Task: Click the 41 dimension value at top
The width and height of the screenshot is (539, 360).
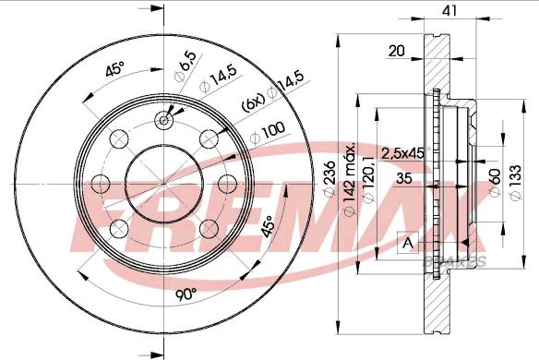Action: coord(449,11)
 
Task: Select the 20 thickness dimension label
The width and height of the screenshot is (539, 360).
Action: coord(396,51)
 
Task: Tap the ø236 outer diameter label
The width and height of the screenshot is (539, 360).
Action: coord(329,178)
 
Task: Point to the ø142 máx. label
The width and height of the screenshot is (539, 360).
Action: coord(349,180)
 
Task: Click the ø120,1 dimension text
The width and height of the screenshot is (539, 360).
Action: coord(369,178)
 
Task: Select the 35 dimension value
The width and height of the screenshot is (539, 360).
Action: coord(404,178)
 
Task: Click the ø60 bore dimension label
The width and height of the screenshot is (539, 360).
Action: coord(495,183)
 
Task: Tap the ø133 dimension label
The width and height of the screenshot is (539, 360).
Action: coord(516,182)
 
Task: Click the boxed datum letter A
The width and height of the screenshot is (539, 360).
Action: coord(408,243)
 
